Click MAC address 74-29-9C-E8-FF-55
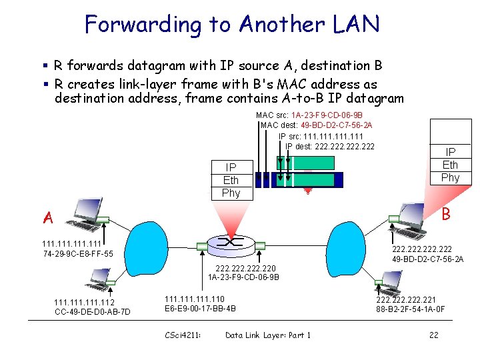point(77,254)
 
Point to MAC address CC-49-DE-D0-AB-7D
point(92,312)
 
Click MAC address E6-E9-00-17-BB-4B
point(200,309)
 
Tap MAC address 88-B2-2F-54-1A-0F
point(410,309)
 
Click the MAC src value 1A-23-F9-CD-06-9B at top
point(327,115)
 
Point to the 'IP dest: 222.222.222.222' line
point(329,147)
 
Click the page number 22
point(433,335)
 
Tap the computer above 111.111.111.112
point(101,279)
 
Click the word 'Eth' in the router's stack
point(231,180)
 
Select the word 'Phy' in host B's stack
point(450,177)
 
